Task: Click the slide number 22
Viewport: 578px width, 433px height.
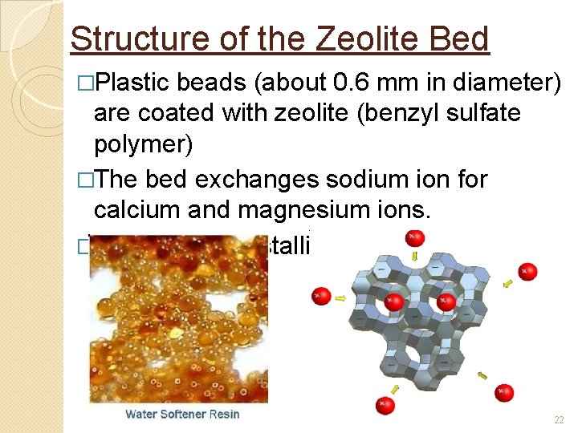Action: click(x=560, y=420)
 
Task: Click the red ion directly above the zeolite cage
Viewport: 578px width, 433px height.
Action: click(x=414, y=237)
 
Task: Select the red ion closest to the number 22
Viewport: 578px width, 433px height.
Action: click(x=503, y=392)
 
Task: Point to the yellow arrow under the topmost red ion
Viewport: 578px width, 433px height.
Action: click(x=415, y=256)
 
